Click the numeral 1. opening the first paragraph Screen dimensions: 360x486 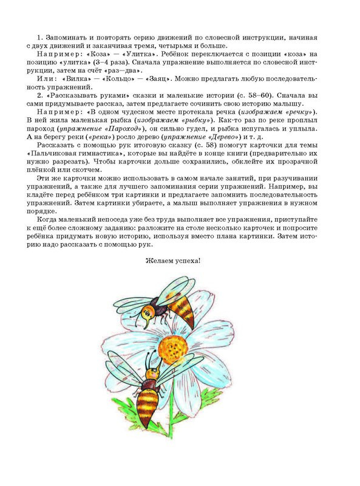pos(40,38)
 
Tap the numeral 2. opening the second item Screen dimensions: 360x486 pos(39,95)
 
